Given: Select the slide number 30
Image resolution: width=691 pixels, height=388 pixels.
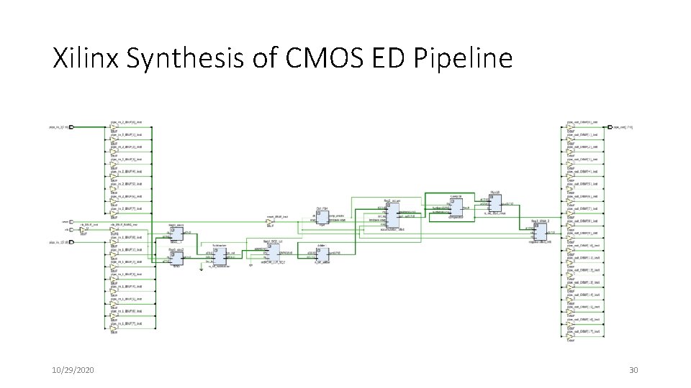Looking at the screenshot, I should pos(633,370).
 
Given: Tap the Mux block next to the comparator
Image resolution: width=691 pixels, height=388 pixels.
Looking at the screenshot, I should pos(494,203).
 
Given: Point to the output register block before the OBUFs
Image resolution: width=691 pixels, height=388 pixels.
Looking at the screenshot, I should pos(539,231).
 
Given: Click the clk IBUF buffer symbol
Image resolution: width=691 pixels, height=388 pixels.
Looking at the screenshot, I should pos(83,230).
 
